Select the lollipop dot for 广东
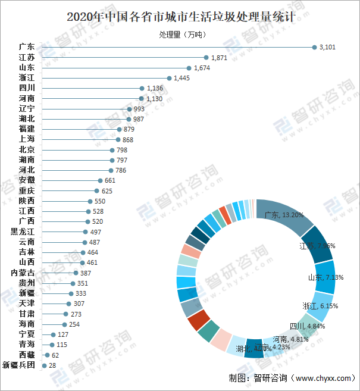point(315,47)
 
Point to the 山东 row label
point(27,68)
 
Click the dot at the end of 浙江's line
point(169,78)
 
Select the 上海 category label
point(27,139)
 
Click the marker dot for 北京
point(112,150)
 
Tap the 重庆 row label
point(27,190)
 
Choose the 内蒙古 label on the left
point(23,273)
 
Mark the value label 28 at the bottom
point(52,365)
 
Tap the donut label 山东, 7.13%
point(322,277)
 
